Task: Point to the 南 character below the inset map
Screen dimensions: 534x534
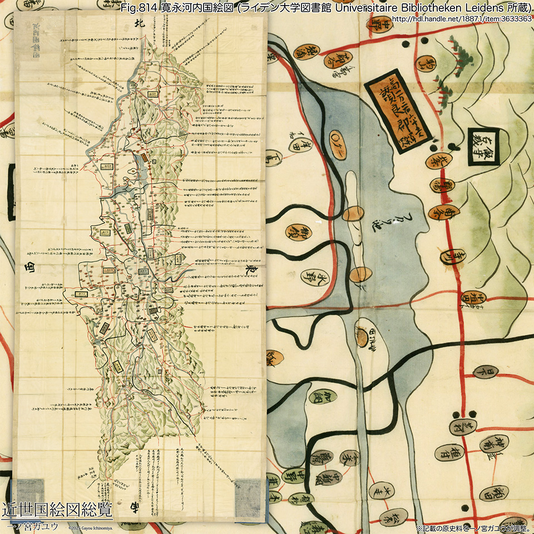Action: (x=134, y=507)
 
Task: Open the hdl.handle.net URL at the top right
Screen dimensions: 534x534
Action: (x=462, y=19)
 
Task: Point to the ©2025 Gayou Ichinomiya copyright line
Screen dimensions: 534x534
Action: (x=90, y=527)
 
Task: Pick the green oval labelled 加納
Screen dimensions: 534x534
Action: (x=324, y=397)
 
